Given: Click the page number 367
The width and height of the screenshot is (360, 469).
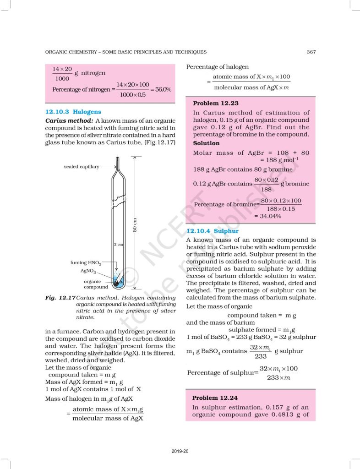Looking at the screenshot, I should [x=311, y=52].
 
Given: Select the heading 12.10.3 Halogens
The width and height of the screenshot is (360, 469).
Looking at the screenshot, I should [x=73, y=112].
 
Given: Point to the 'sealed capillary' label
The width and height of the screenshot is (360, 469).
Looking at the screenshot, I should [x=82, y=167].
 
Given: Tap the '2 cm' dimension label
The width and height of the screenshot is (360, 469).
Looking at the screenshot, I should [x=118, y=245].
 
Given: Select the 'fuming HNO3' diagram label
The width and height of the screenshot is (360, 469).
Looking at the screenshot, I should [x=86, y=263].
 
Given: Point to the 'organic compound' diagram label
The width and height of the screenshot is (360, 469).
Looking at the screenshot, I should [x=96, y=284].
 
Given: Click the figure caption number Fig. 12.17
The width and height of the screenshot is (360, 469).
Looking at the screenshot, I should [x=60, y=298].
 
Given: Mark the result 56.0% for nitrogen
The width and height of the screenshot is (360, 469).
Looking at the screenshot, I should [x=163, y=89].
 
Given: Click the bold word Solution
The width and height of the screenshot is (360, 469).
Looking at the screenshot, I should [x=206, y=143].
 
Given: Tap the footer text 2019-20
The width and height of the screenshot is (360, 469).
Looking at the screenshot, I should [x=180, y=451].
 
